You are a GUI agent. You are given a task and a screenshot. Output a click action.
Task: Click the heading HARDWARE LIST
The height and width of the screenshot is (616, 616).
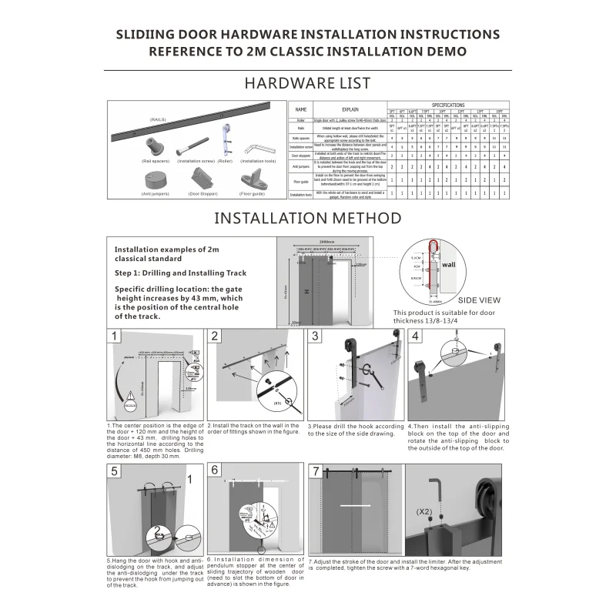(x=307, y=82)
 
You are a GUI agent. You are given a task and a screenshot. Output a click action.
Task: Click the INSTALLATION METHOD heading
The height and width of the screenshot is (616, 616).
(x=307, y=217)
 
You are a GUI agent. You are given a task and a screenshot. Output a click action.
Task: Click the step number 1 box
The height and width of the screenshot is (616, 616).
(x=115, y=336)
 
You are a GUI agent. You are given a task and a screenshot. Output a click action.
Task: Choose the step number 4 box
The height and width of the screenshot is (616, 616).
(x=416, y=336)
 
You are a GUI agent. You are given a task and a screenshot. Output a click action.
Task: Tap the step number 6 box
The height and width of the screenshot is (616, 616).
(x=215, y=470)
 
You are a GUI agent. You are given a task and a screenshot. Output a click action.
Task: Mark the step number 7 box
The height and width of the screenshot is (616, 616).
(x=315, y=470)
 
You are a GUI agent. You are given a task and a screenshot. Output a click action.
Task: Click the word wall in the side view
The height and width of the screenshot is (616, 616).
(x=449, y=264)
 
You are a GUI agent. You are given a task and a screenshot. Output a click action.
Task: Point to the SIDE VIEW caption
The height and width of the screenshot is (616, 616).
(x=479, y=300)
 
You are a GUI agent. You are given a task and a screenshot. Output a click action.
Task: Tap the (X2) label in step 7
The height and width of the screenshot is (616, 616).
(x=423, y=511)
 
